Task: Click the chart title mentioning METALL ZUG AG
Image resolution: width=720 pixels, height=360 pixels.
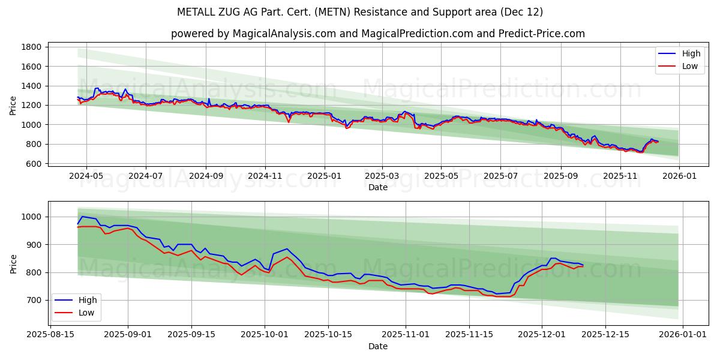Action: [360, 12]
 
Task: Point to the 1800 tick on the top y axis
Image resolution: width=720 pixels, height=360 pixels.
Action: [32, 47]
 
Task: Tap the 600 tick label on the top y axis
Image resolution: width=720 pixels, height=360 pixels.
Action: [34, 164]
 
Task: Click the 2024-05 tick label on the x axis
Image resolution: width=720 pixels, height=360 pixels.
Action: [86, 176]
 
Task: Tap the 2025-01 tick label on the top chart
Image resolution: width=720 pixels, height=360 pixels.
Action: [324, 176]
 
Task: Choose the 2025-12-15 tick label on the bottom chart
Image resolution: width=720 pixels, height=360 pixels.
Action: [605, 335]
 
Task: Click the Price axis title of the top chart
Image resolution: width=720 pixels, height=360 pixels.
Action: [13, 106]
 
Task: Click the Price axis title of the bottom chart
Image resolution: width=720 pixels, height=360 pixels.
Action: [13, 263]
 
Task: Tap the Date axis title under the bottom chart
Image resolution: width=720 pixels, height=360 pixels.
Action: [378, 346]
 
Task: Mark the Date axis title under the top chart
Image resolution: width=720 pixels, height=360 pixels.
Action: [378, 187]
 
